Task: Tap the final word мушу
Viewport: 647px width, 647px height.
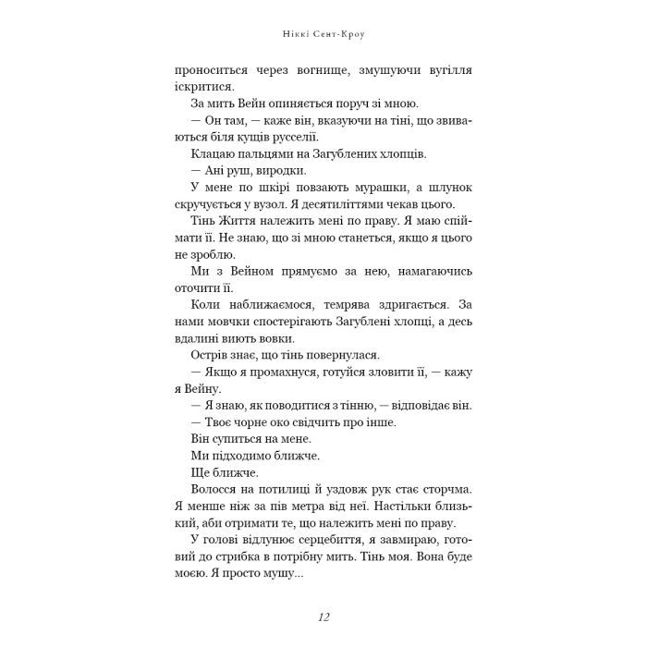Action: [281, 575]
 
